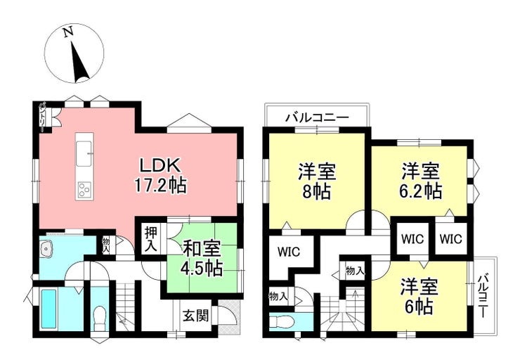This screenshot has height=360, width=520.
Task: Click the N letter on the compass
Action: tap(68, 32)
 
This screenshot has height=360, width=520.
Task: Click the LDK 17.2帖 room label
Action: tap(160, 175)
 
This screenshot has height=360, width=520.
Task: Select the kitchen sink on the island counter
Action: tap(84, 153)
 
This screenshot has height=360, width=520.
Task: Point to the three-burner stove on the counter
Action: tap(84, 190)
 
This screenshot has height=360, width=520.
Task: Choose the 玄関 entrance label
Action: tap(195, 316)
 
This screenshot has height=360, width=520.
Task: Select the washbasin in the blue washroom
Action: tap(46, 249)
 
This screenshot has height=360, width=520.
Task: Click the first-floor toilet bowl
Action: tap(99, 319)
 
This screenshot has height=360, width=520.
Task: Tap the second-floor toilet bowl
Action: tap(281, 321)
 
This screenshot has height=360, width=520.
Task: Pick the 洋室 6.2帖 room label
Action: tap(421, 181)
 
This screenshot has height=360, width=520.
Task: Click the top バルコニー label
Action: tap(318, 117)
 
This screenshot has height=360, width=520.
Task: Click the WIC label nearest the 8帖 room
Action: tap(289, 252)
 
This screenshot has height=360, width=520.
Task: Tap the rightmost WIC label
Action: tap(450, 238)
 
